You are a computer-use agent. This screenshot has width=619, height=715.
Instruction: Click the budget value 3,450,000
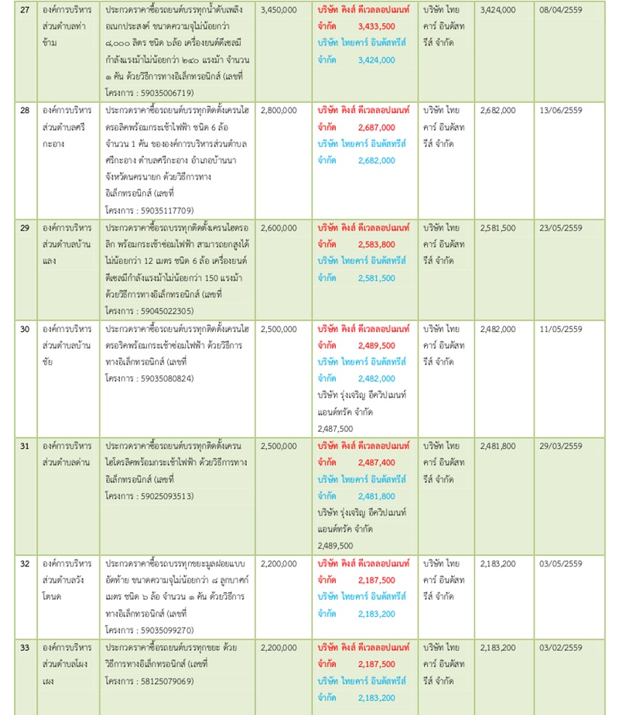click(x=279, y=11)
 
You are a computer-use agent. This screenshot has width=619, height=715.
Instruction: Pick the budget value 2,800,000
click(x=279, y=111)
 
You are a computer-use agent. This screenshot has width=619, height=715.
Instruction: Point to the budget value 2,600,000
click(x=279, y=228)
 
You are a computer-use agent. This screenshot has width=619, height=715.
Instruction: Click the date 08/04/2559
click(x=562, y=11)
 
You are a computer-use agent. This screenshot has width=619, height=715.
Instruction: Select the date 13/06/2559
click(x=562, y=111)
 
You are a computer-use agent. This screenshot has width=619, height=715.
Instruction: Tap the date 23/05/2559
click(x=562, y=228)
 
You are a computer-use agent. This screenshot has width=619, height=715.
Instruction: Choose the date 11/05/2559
click(x=562, y=329)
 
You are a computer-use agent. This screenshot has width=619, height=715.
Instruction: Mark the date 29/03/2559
click(x=562, y=446)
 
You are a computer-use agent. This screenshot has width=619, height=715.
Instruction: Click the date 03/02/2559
click(x=562, y=648)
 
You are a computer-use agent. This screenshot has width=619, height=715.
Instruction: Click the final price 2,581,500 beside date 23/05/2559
click(x=498, y=228)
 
